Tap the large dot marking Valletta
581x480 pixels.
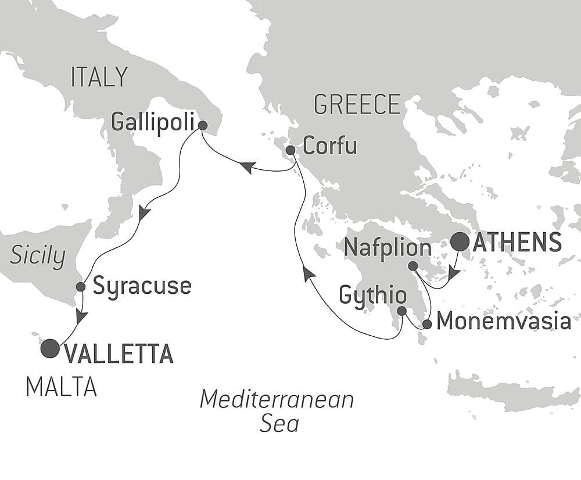[50, 349]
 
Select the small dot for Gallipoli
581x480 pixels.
[202, 125]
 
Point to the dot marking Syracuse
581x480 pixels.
[81, 287]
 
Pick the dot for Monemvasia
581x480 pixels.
[427, 324]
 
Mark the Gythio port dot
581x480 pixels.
[401, 311]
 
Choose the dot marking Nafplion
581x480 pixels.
[413, 266]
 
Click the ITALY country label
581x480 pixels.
[99, 77]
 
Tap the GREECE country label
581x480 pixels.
[357, 105]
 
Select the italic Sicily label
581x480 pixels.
[37, 256]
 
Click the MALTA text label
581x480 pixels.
[61, 387]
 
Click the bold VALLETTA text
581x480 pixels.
[118, 354]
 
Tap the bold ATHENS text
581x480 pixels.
[517, 242]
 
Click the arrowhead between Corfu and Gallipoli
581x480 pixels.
[246, 168]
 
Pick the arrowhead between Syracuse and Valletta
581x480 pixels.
[81, 317]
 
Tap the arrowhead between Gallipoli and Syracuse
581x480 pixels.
[144, 212]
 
